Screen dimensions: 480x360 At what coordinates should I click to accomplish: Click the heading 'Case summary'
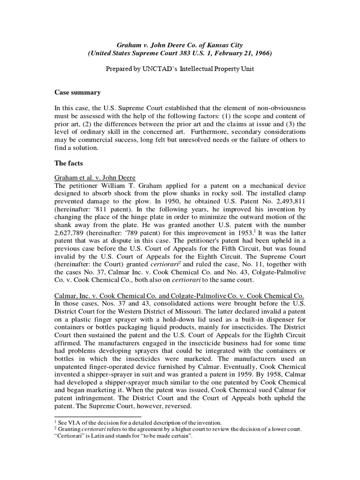point(77,92)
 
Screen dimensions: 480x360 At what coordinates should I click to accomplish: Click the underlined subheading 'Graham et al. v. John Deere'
point(95,177)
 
